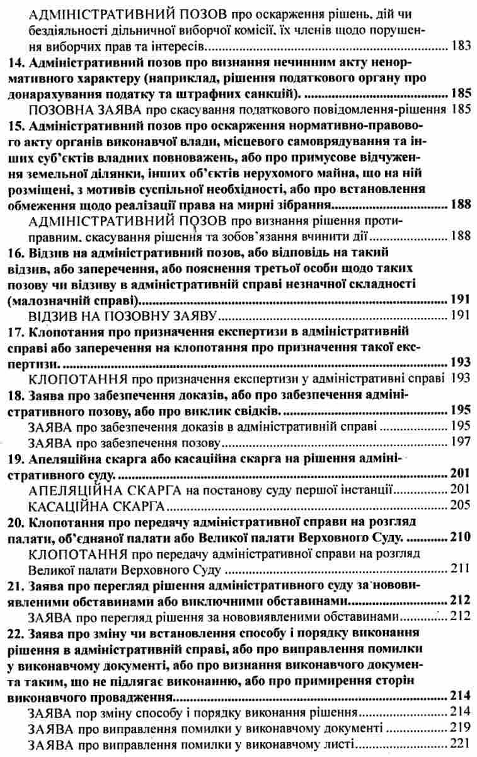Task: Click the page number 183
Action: click(461, 46)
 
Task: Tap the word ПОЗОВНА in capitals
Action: click(58, 110)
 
